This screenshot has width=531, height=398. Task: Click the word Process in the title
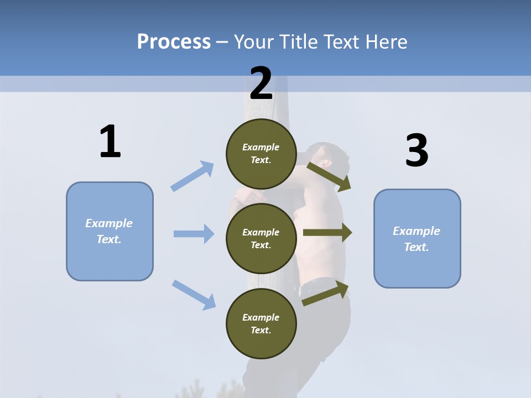(x=174, y=42)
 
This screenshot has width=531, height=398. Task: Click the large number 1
(x=110, y=142)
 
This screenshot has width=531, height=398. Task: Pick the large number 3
(x=417, y=150)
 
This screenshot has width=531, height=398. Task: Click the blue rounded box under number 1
(x=110, y=231)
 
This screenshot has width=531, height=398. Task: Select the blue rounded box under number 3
(x=417, y=238)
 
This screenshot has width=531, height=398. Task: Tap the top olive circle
(x=261, y=154)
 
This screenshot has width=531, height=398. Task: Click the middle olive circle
(x=261, y=238)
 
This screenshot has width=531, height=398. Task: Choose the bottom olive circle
(x=261, y=323)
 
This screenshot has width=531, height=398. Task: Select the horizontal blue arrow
(x=194, y=234)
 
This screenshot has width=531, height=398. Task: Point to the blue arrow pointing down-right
(x=194, y=295)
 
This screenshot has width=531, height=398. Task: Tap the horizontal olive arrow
(x=327, y=233)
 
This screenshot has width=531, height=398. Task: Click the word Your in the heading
(x=253, y=42)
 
